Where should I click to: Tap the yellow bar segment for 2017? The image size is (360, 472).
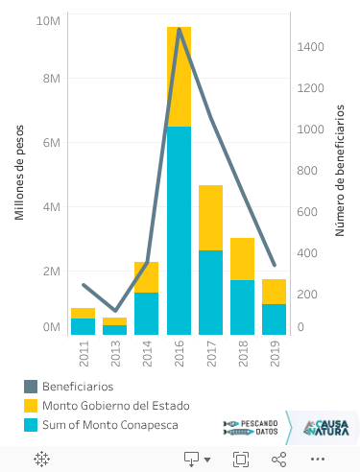210,218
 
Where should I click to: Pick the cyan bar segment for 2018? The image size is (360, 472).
242,307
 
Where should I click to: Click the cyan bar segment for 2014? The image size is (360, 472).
147,314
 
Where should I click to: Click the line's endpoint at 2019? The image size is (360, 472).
274,265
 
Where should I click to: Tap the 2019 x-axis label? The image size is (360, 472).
274,354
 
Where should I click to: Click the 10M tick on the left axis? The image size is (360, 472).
48,20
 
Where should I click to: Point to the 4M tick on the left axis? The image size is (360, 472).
50,206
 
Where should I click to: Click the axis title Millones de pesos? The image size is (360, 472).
19,173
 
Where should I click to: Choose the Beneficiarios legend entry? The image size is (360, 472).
77,386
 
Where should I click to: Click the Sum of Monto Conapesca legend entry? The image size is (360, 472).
109,424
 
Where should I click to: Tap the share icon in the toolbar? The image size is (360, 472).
279,460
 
